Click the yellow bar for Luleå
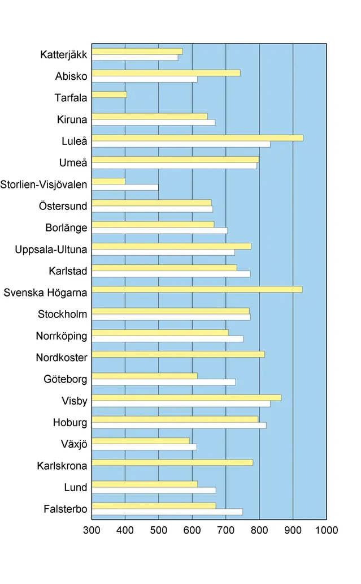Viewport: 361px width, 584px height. [x=197, y=138]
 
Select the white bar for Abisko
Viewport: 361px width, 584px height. [x=145, y=79]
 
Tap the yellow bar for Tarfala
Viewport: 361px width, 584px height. [x=109, y=95]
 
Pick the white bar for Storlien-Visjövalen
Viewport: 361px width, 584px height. [x=125, y=187]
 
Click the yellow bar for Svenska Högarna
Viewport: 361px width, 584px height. [x=197, y=289]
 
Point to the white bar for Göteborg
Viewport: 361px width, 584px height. [x=163, y=382]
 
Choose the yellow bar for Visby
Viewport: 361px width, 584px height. [x=186, y=397]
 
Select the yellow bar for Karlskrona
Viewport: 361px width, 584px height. [x=172, y=462]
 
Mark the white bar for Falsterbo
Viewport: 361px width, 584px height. [x=167, y=512]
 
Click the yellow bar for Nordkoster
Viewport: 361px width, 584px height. [x=178, y=354]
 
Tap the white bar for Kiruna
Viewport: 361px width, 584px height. [x=153, y=122]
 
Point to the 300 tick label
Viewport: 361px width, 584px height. [x=92, y=530]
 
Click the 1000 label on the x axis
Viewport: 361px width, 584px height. [x=326, y=530]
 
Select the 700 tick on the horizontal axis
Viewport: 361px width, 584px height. [x=226, y=530]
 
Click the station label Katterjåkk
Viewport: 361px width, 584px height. [x=64, y=55]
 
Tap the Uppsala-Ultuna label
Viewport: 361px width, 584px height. [x=51, y=250]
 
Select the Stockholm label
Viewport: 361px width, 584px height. [x=63, y=314]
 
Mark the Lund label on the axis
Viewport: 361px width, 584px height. [x=76, y=487]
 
